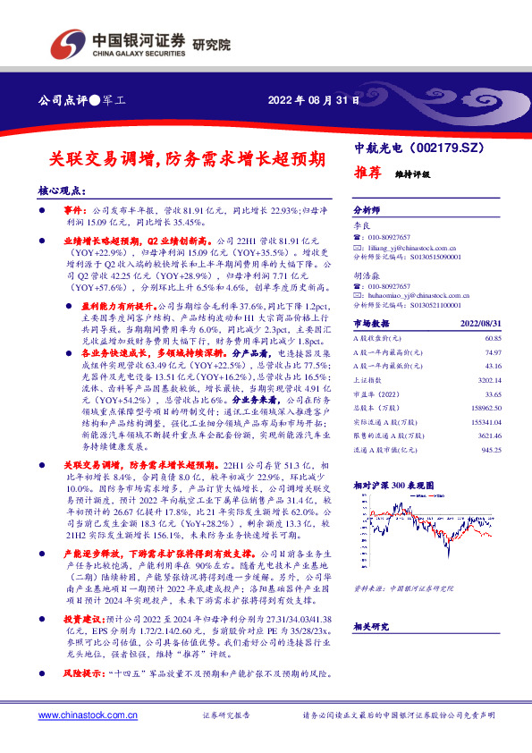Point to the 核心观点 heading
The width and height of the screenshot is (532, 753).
click(x=62, y=191)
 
